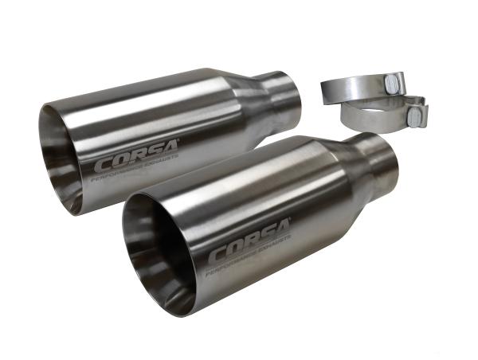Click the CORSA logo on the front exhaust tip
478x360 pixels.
pyautogui.click(x=249, y=250)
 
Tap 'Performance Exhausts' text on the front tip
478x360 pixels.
pyautogui.click(x=249, y=263)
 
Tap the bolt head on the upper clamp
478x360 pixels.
pyautogui.click(x=393, y=83)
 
